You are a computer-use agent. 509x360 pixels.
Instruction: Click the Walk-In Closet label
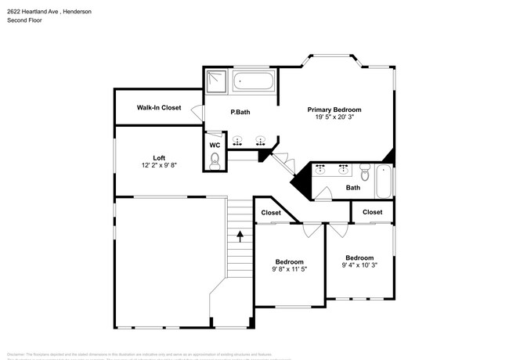159,107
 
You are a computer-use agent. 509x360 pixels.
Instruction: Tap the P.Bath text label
240,113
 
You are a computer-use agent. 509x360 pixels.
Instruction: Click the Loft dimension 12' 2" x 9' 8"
159,166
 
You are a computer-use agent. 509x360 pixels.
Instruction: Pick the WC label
215,145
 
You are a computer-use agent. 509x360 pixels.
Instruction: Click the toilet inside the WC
215,160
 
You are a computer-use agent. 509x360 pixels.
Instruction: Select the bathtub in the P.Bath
254,81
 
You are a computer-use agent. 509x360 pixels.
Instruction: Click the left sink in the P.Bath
240,142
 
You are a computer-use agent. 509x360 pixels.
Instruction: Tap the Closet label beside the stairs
271,212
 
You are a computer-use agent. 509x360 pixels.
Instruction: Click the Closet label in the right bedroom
373,212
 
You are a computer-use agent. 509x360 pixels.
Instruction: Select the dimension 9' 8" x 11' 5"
289,270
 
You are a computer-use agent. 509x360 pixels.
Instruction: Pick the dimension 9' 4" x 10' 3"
359,266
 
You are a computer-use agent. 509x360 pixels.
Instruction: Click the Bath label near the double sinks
353,187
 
